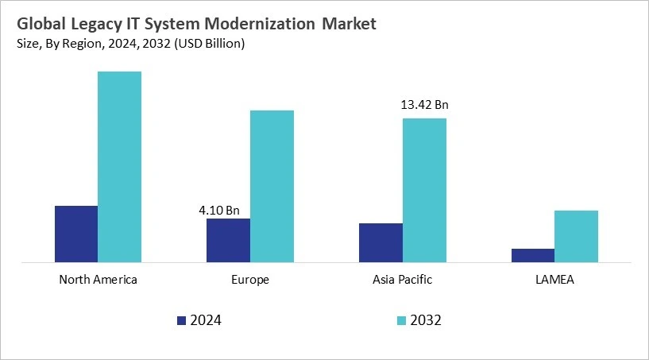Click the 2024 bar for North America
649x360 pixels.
76,234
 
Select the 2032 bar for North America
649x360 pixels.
119,166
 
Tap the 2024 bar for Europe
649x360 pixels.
228,240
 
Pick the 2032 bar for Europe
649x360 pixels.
272,186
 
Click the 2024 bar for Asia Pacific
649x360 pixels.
381,242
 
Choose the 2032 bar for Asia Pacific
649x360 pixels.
424,190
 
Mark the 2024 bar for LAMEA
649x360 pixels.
533,255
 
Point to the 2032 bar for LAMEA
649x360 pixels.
576,236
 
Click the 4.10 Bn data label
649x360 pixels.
218,211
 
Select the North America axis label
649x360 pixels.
99,280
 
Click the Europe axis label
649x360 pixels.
250,280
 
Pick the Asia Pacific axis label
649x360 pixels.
403,280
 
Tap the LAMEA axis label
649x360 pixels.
554,280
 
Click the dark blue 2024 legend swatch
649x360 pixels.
181,321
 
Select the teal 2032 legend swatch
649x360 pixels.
401,321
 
